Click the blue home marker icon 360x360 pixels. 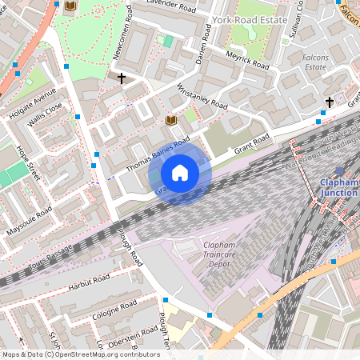tap(180, 173)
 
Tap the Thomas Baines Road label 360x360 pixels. tap(158, 154)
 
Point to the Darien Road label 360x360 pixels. tap(202, 45)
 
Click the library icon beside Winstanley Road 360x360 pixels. tap(170, 120)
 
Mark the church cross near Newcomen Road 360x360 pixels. tap(122, 78)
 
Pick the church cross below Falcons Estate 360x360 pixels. tap(329, 102)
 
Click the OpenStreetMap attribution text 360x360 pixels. tap(70, 354)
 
